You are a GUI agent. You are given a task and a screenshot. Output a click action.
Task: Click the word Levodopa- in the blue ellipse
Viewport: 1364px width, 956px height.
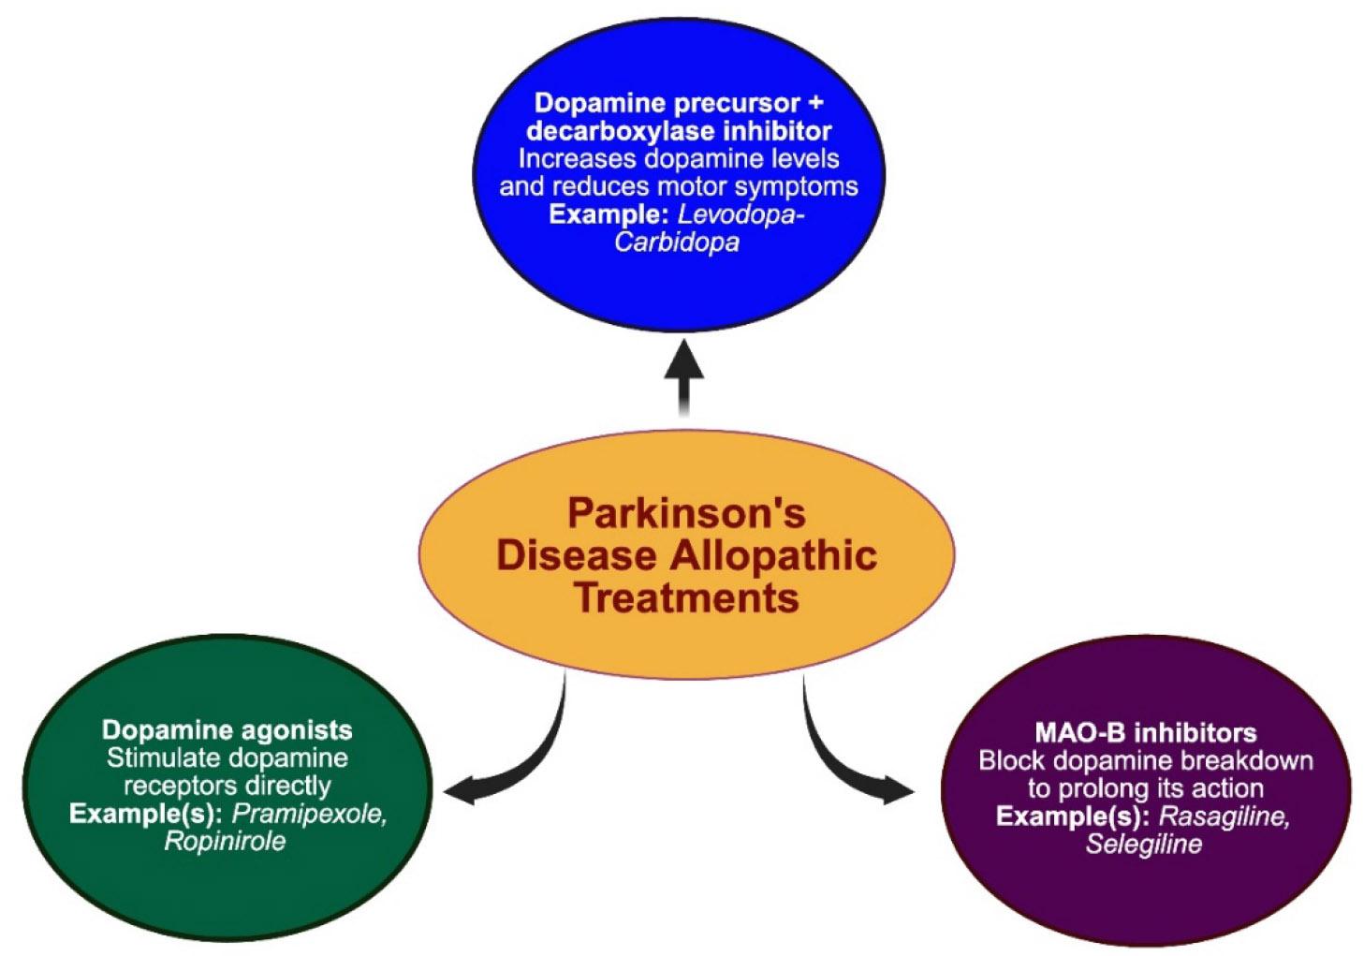(741, 214)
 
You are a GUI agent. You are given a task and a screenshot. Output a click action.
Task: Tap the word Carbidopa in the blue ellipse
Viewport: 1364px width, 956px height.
(676, 243)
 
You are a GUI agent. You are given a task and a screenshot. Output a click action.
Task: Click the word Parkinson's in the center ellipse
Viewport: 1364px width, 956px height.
(686, 513)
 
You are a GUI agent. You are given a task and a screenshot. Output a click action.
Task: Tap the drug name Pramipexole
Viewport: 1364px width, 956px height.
(309, 814)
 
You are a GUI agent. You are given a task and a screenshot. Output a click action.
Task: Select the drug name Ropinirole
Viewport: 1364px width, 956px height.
(225, 841)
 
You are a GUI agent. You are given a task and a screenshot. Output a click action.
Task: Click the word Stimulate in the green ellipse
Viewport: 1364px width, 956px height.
(159, 757)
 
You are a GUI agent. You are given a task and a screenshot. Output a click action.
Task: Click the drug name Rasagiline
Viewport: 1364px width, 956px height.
(1225, 816)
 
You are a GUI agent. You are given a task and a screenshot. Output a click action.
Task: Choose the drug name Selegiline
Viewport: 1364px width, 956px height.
(1143, 844)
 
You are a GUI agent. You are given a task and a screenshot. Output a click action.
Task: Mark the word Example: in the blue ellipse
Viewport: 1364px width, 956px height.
(609, 214)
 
